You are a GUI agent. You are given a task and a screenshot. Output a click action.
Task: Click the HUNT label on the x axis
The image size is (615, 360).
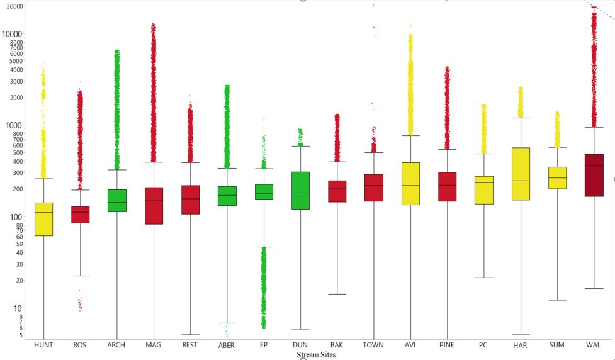click(x=43, y=346)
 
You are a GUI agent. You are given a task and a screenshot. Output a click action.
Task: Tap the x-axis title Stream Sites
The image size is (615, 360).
click(x=316, y=355)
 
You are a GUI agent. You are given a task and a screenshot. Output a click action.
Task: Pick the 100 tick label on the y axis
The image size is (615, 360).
click(x=16, y=217)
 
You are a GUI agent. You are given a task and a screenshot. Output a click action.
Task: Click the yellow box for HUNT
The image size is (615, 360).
click(x=43, y=219)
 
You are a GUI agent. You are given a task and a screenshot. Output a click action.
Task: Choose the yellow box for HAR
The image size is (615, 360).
click(x=521, y=174)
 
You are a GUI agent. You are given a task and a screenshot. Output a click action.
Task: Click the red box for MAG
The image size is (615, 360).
click(x=154, y=206)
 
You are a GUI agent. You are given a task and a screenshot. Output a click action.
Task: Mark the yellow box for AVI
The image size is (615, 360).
click(x=410, y=183)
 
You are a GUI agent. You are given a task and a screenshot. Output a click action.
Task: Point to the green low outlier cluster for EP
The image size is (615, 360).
click(x=264, y=286)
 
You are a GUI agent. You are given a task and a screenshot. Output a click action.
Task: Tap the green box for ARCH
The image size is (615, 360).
click(x=116, y=200)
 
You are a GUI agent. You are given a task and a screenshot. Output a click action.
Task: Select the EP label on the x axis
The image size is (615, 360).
click(x=264, y=346)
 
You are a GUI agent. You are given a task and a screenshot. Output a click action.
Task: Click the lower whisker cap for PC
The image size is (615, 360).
click(x=483, y=278)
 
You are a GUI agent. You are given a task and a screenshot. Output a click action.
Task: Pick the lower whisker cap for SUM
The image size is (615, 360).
click(x=557, y=300)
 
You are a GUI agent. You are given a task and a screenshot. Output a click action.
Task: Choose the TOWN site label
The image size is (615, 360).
click(x=374, y=346)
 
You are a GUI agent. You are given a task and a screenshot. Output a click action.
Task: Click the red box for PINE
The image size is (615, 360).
click(x=447, y=186)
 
